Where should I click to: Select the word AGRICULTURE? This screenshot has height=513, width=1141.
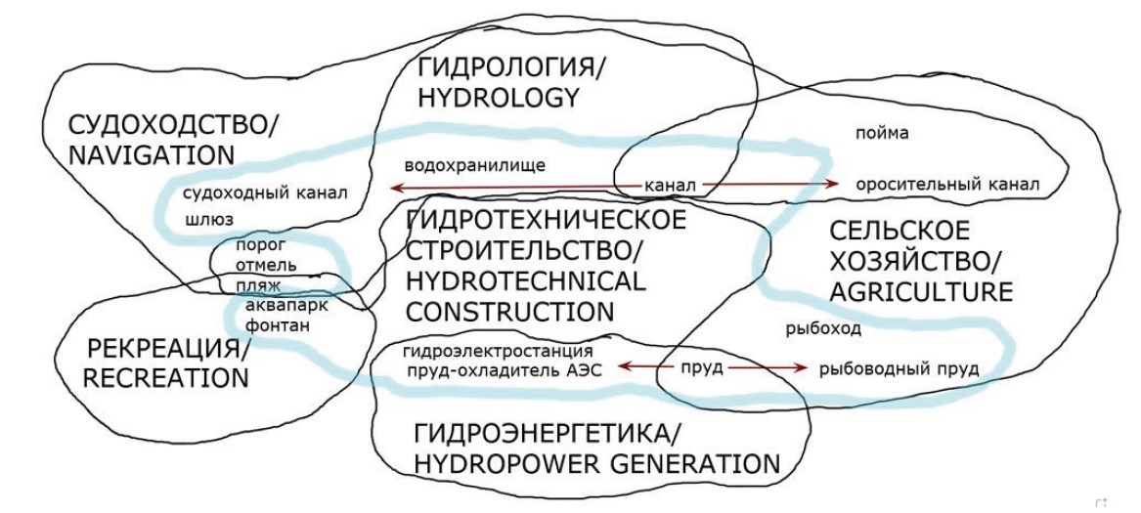pyautogui.click(x=920, y=291)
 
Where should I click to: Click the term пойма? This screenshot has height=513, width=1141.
pyautogui.click(x=882, y=133)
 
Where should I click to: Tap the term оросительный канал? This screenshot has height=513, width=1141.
pyautogui.click(x=945, y=184)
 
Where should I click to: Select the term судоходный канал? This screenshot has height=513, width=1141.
pyautogui.click(x=266, y=192)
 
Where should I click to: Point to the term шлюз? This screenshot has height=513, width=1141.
pyautogui.click(x=209, y=220)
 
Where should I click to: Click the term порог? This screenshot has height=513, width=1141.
pyautogui.click(x=256, y=246)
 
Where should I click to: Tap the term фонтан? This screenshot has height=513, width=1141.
pyautogui.click(x=278, y=324)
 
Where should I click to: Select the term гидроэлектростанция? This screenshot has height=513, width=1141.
pyautogui.click(x=498, y=350)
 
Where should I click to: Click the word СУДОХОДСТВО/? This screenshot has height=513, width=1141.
pyautogui.click(x=172, y=125)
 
